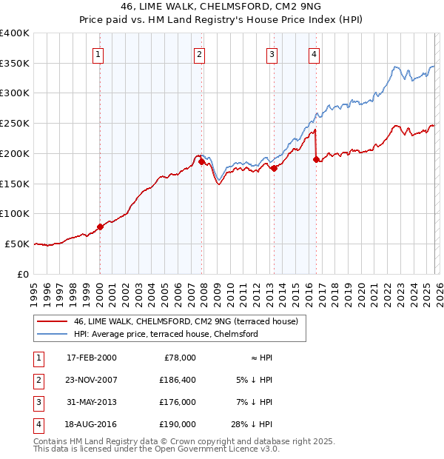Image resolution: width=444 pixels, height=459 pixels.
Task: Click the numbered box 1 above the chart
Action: pos(98,53)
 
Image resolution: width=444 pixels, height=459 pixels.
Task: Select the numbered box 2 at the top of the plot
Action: pos(199,53)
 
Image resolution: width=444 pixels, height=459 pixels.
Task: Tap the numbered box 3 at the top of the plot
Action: pos(272,53)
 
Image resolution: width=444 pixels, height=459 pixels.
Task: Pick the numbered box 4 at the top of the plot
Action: pos(314,53)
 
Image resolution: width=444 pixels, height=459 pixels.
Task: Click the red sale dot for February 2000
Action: pos(101,227)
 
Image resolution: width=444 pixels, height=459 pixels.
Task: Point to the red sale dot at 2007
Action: pos(201,161)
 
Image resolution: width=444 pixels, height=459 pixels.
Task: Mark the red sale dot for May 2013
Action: pos(274,168)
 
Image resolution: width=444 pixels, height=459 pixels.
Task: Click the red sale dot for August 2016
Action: pos(316,159)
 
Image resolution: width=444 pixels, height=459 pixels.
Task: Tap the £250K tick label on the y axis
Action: pos(15,124)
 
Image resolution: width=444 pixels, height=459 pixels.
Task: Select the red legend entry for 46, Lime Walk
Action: pos(185,321)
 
